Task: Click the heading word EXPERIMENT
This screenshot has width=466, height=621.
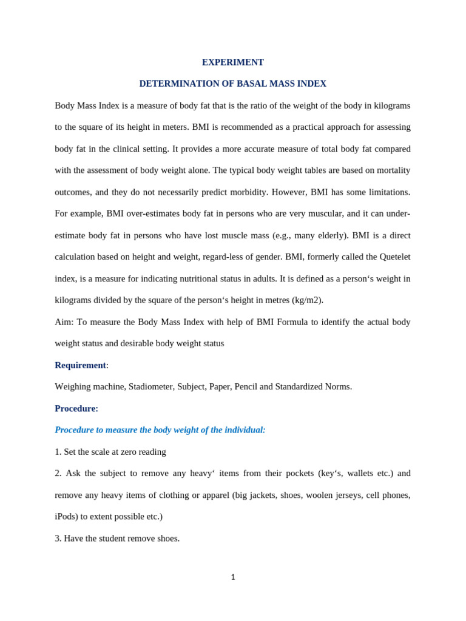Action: [233, 62]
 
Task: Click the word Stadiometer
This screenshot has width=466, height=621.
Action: [151, 387]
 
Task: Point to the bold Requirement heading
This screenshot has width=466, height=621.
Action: [80, 365]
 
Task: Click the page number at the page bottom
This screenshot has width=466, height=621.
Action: [233, 577]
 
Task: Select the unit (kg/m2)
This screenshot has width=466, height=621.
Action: [307, 300]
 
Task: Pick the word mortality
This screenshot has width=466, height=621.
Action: [391, 170]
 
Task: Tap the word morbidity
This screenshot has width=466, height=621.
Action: [248, 192]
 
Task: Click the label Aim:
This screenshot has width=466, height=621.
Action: [64, 322]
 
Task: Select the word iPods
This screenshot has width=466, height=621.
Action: [66, 517]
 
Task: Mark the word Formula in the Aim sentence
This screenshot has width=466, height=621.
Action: [292, 322]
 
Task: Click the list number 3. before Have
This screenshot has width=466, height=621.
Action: [58, 539]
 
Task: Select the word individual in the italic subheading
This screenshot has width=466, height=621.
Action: [243, 430]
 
